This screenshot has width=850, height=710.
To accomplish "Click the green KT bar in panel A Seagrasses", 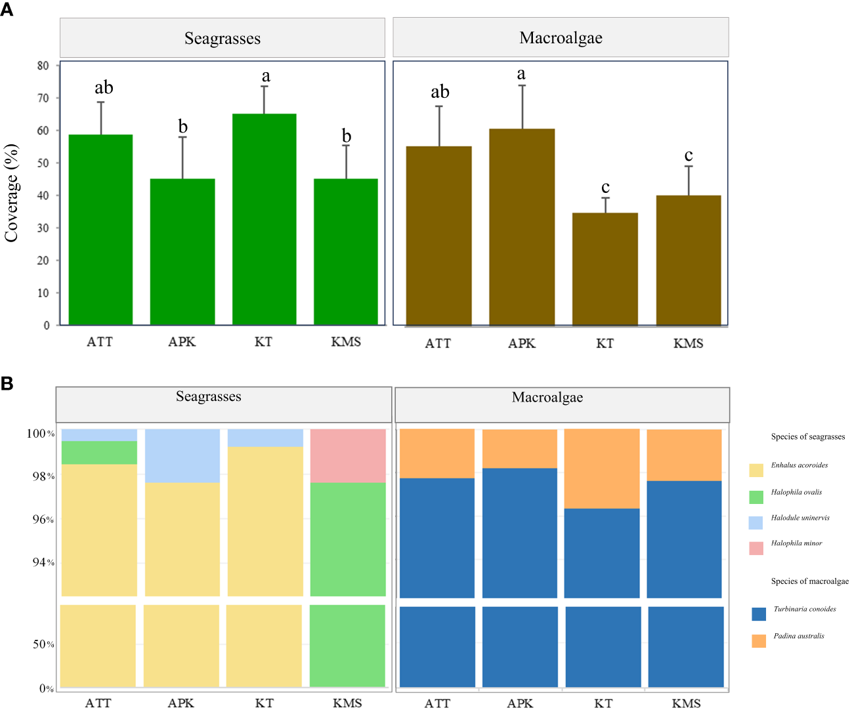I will point(264,219).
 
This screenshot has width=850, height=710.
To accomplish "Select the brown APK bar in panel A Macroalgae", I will point(522,227).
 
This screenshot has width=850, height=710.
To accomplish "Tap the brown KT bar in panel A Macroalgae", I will point(605,269).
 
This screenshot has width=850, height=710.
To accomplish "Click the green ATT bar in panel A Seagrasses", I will point(100,230).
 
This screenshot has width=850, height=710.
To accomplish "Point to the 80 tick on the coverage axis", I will point(43,66).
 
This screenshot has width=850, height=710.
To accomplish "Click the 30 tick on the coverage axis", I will point(43,228).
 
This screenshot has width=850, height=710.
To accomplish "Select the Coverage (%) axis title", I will point(12,194).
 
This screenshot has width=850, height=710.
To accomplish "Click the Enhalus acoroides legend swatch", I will point(756,470).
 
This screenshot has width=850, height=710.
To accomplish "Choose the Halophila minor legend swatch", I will point(756,548).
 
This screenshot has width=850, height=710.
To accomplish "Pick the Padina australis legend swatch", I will point(759,641).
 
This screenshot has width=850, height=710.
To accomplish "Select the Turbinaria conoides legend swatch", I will point(759,614).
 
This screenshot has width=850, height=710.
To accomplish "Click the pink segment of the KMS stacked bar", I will point(347,456).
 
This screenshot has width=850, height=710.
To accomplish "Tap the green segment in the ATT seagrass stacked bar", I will point(99,453).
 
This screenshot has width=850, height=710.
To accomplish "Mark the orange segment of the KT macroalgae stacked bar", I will point(602,469).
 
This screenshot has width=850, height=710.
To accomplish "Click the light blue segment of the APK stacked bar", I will point(182,456).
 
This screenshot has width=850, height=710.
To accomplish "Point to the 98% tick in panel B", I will point(43,476).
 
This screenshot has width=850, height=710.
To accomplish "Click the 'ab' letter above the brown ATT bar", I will point(440,92).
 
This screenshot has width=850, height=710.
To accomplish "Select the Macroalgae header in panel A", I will point(561,38).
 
